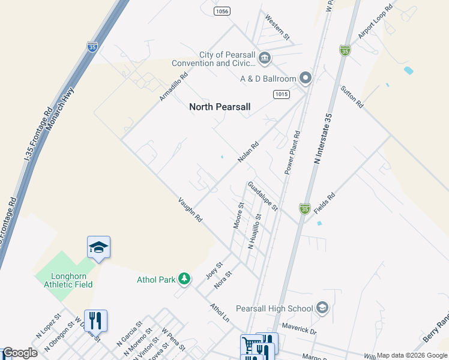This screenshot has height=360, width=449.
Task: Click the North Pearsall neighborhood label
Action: [x=220, y=107]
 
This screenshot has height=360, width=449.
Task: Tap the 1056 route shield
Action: [x=222, y=11]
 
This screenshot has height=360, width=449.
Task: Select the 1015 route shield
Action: [x=281, y=94]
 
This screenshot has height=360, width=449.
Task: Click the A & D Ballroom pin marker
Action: [x=306, y=79]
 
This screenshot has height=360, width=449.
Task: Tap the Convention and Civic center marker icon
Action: [x=265, y=58]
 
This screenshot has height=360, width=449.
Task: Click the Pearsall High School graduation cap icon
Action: [x=322, y=308]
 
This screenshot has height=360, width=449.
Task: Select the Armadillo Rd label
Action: [x=174, y=86]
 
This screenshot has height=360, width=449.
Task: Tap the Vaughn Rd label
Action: [x=190, y=210]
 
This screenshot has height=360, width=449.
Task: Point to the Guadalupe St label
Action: [x=263, y=197]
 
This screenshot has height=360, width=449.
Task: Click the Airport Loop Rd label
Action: [x=375, y=22]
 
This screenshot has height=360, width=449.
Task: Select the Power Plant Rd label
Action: [x=293, y=150]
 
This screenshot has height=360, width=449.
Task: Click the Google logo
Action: [x=19, y=353]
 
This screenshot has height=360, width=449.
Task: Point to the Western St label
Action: [x=277, y=28]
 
